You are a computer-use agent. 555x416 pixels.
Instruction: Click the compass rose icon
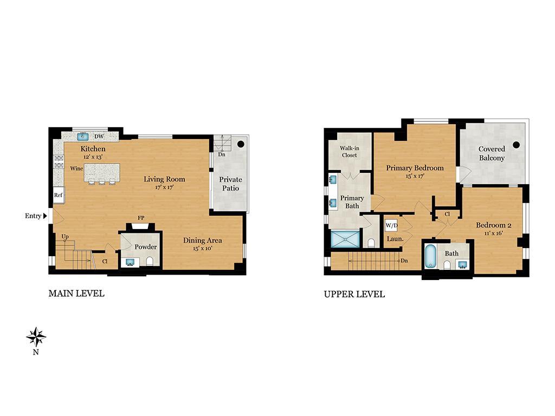tap(36, 337)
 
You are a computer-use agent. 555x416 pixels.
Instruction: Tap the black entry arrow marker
tap(45, 216)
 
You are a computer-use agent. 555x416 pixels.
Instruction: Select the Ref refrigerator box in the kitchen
tap(58, 195)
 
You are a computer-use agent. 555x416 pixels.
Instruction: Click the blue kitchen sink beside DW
tap(83, 136)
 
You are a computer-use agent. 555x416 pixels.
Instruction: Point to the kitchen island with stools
tap(101, 173)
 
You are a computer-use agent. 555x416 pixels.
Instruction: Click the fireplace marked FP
tap(140, 227)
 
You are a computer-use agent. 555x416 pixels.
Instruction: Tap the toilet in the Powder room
tap(150, 262)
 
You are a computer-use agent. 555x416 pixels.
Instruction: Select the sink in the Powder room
tap(130, 262)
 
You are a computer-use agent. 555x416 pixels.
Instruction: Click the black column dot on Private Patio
tap(241, 145)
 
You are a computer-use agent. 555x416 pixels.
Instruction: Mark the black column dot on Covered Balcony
tap(517, 145)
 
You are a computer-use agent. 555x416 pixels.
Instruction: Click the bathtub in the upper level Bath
tap(430, 257)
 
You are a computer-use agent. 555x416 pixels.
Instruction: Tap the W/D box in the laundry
tap(391, 225)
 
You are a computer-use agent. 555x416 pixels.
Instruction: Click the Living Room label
tap(164, 179)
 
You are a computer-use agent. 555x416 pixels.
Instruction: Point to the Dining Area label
tap(202, 240)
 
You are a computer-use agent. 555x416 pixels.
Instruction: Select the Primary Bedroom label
tap(415, 168)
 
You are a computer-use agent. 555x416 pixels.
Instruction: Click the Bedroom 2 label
tap(494, 225)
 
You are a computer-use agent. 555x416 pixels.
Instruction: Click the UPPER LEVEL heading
tap(354, 294)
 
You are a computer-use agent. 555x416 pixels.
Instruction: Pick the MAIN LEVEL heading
tap(76, 294)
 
